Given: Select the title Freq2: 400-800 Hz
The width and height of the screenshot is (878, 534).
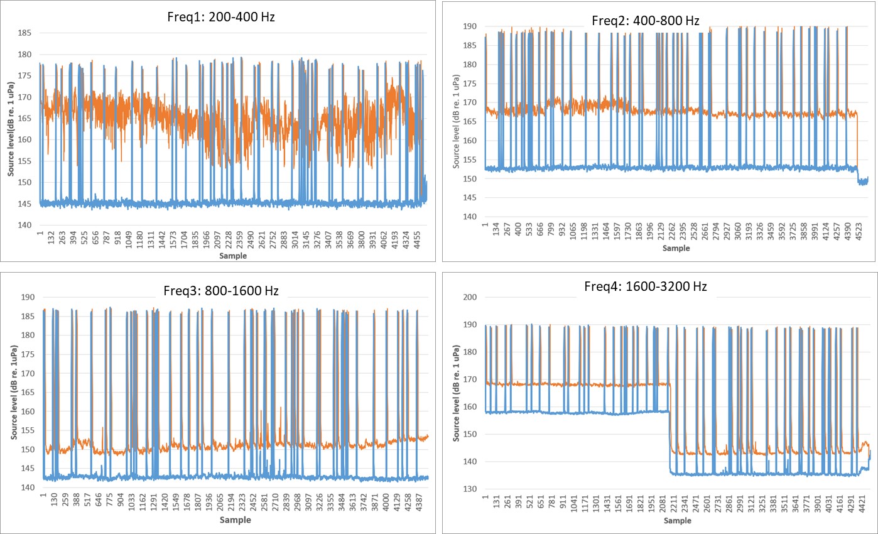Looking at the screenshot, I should click(645, 21).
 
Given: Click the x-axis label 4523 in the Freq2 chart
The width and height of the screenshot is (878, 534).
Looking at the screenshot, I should click(856, 231).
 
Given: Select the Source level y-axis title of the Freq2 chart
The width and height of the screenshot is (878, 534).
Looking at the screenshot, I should click(456, 119).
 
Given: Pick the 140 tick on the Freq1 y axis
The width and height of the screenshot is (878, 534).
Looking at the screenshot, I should click(26, 226).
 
